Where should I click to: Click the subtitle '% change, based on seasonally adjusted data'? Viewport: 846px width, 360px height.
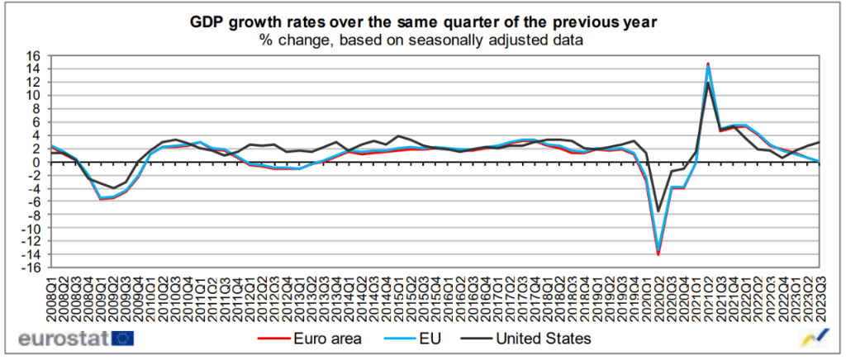422,39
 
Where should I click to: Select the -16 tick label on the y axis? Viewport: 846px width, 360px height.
34,268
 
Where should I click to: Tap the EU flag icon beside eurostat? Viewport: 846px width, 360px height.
123,338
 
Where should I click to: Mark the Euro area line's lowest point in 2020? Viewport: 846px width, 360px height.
658,255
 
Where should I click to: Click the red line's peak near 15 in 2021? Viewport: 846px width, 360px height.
707,64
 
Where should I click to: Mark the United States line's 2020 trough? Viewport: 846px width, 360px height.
658,211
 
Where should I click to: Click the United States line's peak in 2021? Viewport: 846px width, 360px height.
707,83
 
